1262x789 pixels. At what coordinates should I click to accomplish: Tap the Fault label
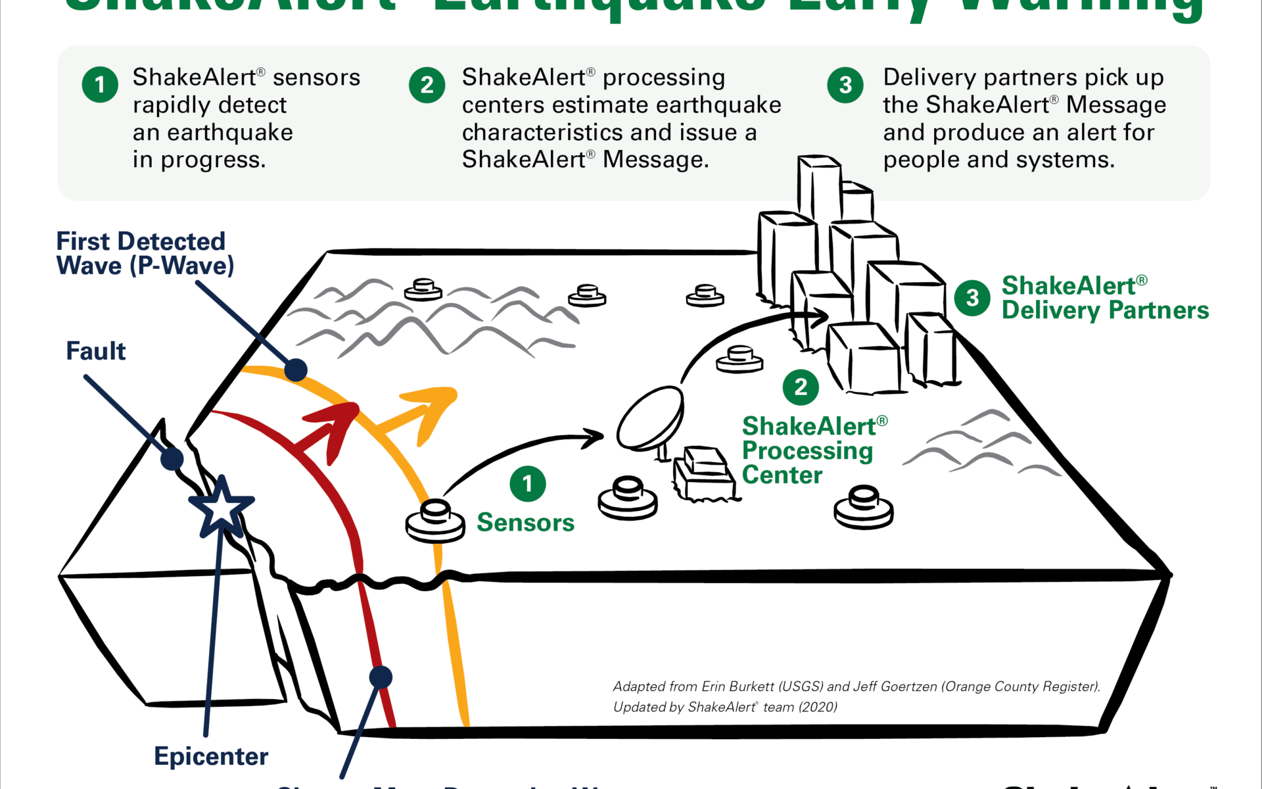pos(95,351)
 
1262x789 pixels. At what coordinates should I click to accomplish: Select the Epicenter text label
pos(211,756)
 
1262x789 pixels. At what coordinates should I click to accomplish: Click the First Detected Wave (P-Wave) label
pos(144,254)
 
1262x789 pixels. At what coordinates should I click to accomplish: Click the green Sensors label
pos(525,523)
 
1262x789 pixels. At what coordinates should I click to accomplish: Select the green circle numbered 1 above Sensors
pos(528,484)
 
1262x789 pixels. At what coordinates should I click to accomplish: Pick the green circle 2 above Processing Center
pos(801,387)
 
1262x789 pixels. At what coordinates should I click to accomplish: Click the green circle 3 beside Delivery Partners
pos(972,298)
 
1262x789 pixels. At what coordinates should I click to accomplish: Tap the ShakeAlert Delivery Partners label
pos(1104,298)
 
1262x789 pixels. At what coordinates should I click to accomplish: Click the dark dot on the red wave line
pos(381,677)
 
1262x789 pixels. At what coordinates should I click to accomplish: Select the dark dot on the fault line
pos(172,459)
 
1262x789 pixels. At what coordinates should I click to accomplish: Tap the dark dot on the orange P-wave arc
pos(296,370)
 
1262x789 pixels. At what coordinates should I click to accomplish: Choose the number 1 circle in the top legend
pos(100,85)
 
